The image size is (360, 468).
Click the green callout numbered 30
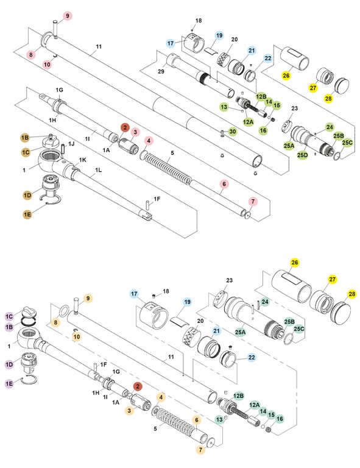coord(232,132)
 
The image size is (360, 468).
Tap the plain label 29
coord(161,71)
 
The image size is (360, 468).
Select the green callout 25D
coord(302,155)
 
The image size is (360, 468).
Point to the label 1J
coord(71,144)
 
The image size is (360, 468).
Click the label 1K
coord(83,160)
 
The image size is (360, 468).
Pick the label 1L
coord(99,170)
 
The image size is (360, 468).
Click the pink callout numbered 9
coord(68,16)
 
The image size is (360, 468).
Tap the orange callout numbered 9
coord(88,298)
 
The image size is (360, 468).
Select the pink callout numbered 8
coord(30,55)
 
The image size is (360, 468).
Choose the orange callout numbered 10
coord(77,337)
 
